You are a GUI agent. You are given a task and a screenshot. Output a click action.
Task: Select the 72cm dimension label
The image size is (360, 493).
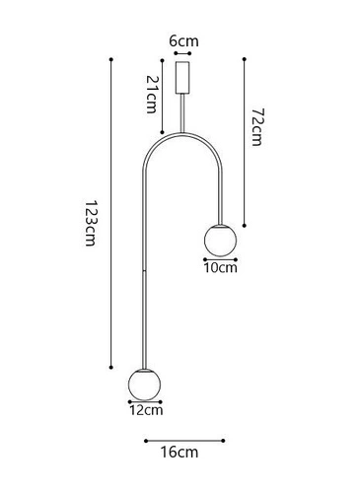[254, 128]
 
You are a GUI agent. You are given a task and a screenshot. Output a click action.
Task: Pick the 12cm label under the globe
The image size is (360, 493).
[146, 409]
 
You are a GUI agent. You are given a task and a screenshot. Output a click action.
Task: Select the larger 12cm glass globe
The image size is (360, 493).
[144, 384]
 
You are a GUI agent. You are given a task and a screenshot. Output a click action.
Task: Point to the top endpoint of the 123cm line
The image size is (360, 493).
[111, 61]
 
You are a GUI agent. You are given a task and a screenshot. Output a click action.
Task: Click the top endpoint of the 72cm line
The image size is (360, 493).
[244, 59]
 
